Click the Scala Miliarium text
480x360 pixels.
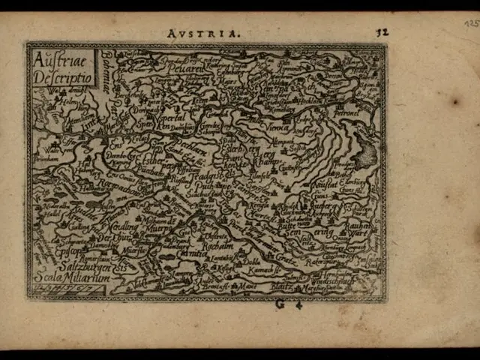72,278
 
